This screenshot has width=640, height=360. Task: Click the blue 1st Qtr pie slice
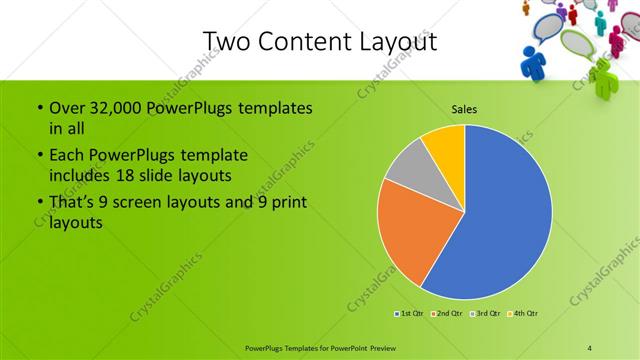coord(505,220)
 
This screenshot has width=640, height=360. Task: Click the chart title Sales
coord(463,109)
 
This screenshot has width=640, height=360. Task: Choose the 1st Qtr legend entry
coord(406,314)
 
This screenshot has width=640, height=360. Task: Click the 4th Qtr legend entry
coord(524,314)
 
